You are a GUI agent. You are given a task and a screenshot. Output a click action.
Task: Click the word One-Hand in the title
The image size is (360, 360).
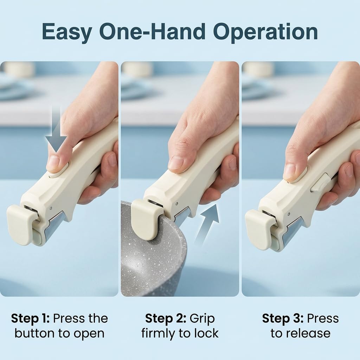point(152,31)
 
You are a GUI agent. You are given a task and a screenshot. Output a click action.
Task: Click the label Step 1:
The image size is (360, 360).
point(30,319)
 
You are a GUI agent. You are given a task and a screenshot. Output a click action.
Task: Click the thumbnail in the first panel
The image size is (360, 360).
point(53,163)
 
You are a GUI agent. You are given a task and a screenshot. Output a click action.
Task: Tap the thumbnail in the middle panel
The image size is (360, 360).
point(176,162)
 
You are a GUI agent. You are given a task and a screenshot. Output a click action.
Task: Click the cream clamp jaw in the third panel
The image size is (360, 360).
point(259,229)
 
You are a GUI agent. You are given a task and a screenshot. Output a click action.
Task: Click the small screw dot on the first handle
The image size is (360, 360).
point(51,208)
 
